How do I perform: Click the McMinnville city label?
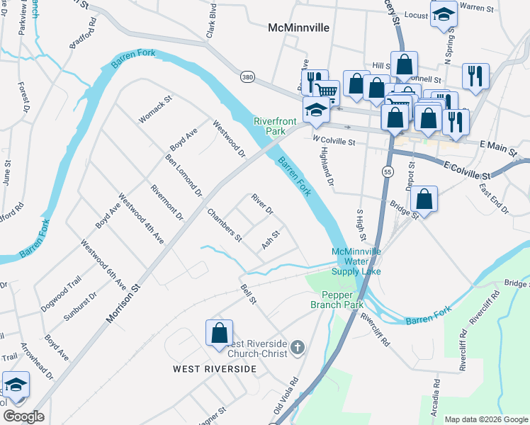click(x=298, y=28)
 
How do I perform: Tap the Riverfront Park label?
click(x=269, y=126)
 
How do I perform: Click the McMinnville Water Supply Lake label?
click(x=357, y=261)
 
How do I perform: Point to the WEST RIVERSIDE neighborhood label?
click(x=215, y=369)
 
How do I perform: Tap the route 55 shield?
click(x=387, y=172)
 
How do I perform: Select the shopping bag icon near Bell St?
click(x=219, y=333)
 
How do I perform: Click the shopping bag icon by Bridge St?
click(x=424, y=200)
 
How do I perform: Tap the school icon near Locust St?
click(x=444, y=16)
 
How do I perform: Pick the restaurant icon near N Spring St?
click(x=475, y=76)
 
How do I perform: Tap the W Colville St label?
click(x=333, y=141)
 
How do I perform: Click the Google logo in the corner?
click(x=23, y=416)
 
